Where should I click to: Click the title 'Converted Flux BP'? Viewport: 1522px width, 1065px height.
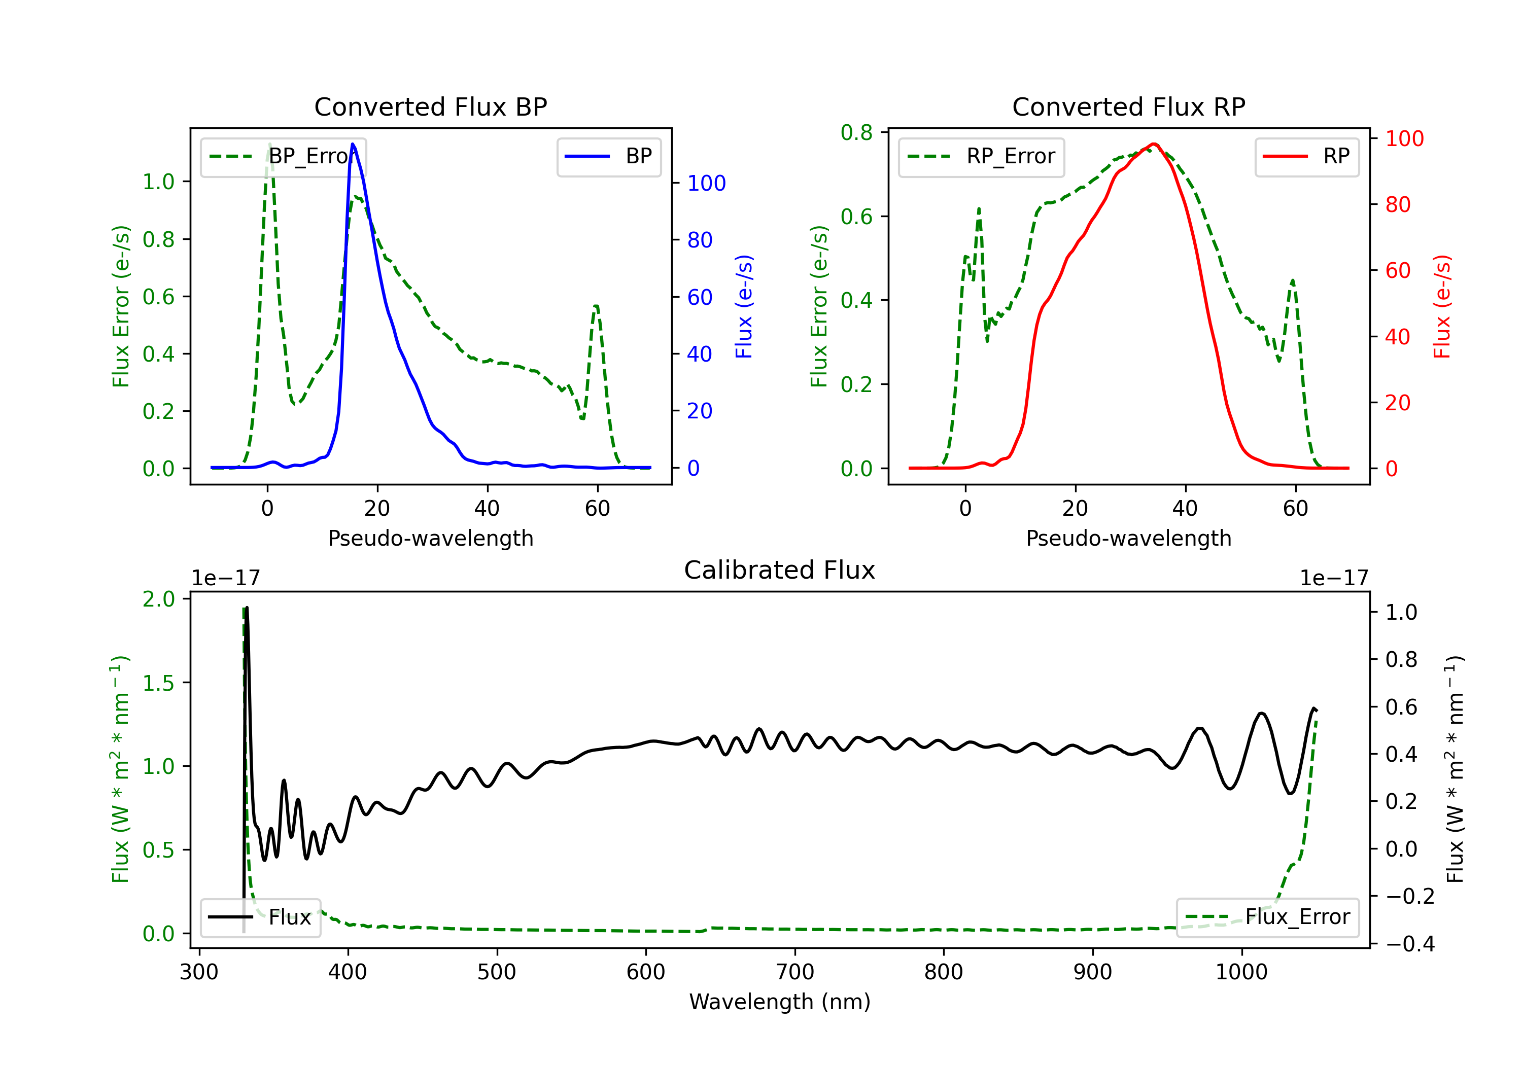(x=431, y=106)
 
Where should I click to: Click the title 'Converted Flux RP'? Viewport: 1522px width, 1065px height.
(x=1129, y=106)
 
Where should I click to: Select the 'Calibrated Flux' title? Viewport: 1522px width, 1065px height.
(x=780, y=570)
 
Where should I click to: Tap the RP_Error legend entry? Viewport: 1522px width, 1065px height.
(x=981, y=156)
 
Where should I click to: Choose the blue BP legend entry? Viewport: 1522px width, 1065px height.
(x=608, y=156)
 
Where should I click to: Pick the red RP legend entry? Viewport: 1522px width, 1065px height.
(x=1306, y=156)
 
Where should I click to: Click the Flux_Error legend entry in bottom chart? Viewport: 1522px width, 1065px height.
(x=1267, y=917)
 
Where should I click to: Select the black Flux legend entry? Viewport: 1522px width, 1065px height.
(x=260, y=917)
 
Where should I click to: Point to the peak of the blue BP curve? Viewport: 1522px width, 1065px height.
(x=353, y=144)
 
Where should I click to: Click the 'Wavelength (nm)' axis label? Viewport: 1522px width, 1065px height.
(x=780, y=1002)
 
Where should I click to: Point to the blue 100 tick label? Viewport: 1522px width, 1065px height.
(x=707, y=183)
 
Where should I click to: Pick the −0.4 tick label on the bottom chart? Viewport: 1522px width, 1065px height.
(x=1410, y=944)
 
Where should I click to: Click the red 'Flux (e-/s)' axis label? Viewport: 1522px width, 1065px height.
(x=1442, y=307)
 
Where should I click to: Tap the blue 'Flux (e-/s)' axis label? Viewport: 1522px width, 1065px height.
(x=744, y=307)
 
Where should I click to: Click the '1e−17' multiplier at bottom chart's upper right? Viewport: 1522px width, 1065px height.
(x=1334, y=578)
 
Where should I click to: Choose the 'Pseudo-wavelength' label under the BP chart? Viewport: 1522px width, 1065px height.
(x=431, y=538)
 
